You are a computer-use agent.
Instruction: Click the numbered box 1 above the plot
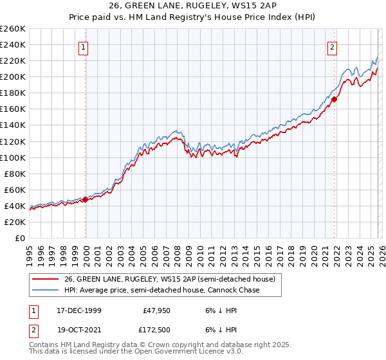(x=85, y=46)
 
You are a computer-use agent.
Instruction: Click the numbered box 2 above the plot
(x=332, y=46)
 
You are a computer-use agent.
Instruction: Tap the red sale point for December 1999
(x=86, y=199)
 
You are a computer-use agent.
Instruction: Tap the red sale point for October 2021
(x=334, y=99)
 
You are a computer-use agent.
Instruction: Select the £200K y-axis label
(x=13, y=76)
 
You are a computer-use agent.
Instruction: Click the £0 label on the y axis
(x=19, y=238)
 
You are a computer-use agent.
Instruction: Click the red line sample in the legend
(x=46, y=279)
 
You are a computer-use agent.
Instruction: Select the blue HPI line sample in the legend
(x=46, y=290)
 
